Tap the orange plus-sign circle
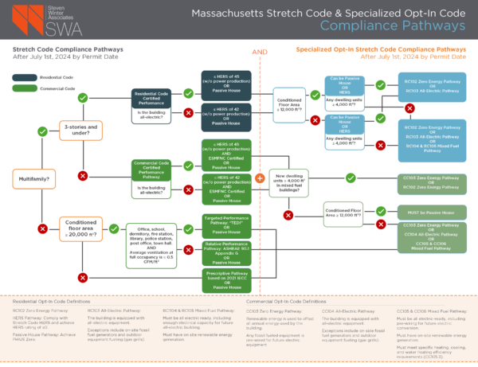click(x=261, y=179)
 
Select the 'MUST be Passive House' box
click(x=430, y=213)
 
